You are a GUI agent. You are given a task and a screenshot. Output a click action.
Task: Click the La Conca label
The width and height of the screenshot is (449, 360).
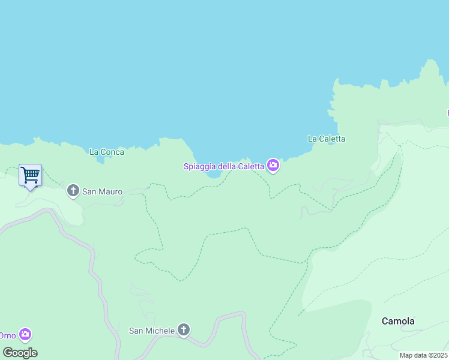tap(107, 152)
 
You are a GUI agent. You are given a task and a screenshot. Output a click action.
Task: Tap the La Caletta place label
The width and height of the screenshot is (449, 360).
tap(327, 139)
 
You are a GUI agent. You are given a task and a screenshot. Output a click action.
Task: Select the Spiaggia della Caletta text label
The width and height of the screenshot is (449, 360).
tap(224, 166)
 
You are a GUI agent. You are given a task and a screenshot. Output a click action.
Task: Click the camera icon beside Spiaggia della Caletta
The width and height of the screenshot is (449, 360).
tap(273, 166)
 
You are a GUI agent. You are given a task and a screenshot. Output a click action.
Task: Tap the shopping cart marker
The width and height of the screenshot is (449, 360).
tap(30, 175)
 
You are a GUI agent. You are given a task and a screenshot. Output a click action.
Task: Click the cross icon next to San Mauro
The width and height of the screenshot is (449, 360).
tap(73, 191)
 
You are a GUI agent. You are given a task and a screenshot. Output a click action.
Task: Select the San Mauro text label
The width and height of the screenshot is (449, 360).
tap(102, 192)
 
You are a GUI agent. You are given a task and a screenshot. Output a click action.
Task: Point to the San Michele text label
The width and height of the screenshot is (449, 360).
tap(152, 331)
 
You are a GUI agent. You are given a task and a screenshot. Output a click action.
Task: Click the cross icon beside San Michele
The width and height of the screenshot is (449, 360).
tap(184, 330)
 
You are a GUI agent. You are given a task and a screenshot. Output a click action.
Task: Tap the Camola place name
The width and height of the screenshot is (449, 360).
tap(398, 321)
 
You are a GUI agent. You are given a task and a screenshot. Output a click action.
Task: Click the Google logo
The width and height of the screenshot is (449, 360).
tap(20, 353)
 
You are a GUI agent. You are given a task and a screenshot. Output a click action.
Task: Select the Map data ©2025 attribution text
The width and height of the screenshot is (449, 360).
tap(423, 355)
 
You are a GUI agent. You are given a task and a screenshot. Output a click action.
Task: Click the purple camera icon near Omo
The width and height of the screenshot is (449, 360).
tap(25, 334)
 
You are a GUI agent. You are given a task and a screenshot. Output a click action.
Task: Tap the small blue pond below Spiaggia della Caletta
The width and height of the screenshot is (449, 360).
tap(214, 175)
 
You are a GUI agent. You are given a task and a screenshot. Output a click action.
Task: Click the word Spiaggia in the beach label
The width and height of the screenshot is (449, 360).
tap(200, 166)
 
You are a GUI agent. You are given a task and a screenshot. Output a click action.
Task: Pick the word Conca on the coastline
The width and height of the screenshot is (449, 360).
tap(113, 152)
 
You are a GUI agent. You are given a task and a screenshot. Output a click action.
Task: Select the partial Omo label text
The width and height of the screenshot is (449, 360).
tap(7, 335)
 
